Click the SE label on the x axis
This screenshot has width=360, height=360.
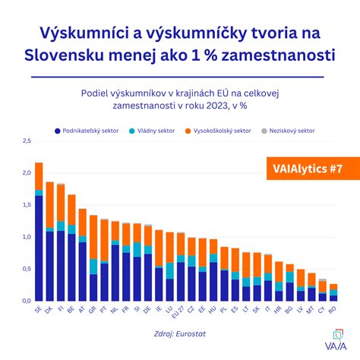click(39, 310)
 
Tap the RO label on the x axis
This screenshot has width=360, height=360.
click(333, 310)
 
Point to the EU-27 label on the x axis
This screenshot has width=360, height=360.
click(180, 312)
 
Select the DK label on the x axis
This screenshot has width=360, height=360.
click(50, 310)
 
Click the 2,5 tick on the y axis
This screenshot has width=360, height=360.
click(26, 141)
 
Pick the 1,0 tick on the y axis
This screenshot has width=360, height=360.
click(26, 237)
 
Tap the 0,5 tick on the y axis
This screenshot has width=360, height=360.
click(26, 269)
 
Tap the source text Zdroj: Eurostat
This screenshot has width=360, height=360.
click(180, 333)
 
